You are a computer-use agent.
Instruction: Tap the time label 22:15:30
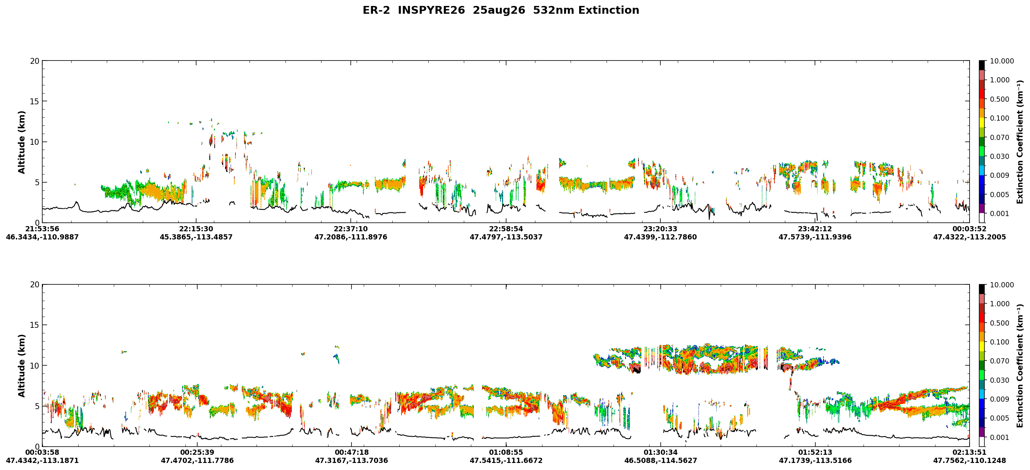coord(196,229)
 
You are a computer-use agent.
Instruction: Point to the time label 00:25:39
coord(197,453)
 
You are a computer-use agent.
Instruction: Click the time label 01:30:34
coord(661,453)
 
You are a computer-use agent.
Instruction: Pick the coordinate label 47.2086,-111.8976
coord(351,237)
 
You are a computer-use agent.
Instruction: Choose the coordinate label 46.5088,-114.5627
coord(661,461)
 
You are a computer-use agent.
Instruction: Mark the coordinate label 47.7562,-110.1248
coord(970,461)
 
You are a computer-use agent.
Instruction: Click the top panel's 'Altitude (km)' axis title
coord(22,142)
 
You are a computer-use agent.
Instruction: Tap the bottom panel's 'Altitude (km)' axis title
coord(22,366)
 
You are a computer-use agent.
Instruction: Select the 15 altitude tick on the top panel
coord(35,102)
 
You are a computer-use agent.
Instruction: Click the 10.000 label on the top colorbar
coord(1001,61)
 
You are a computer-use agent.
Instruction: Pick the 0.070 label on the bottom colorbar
coord(999,361)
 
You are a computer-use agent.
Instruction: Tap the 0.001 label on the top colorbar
coord(999,214)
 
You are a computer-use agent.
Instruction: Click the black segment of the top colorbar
coord(982,66)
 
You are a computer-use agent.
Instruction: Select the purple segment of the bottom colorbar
coord(982,433)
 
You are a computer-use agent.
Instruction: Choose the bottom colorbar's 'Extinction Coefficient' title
coord(1020,366)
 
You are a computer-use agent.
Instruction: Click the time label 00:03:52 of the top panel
coord(970,229)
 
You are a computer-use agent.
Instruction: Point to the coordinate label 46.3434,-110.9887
coord(42,237)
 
